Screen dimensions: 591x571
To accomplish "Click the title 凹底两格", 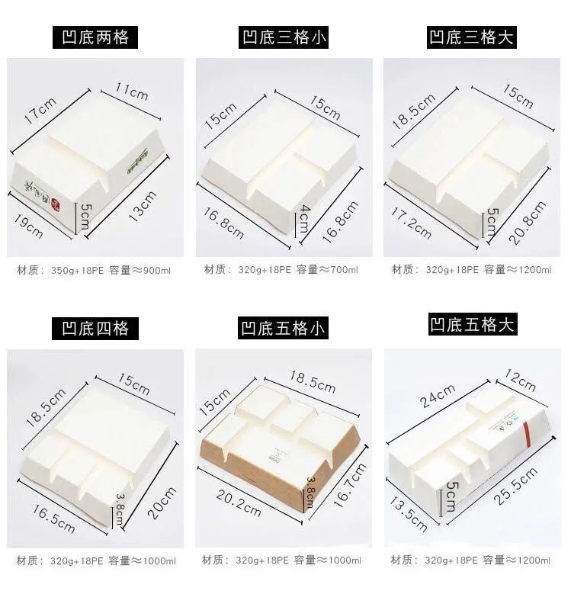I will pos(95,37).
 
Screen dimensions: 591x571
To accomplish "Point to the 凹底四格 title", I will pos(95,329).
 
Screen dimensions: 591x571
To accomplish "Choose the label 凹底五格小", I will pos(284,329).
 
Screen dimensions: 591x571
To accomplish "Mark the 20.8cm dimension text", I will pos(528,222).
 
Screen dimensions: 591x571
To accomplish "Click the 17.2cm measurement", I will pos(412,221).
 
